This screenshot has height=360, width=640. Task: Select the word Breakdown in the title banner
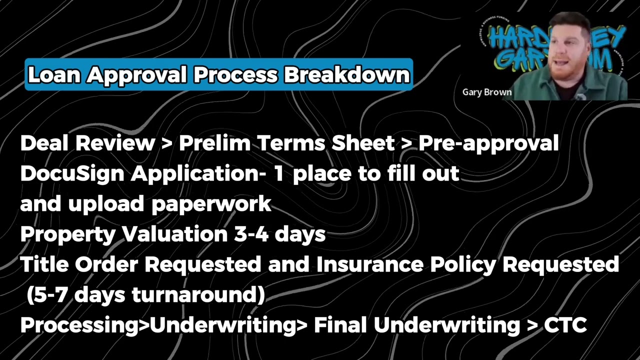(x=347, y=75)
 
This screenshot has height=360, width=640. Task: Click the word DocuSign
(x=72, y=173)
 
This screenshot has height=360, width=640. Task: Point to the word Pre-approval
(x=488, y=143)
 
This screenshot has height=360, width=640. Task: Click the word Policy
(x=455, y=264)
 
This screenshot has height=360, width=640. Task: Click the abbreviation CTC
(x=565, y=325)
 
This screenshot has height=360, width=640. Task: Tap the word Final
(x=339, y=325)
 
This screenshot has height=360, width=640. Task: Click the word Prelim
(x=214, y=143)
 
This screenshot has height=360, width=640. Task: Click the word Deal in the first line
(x=44, y=143)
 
